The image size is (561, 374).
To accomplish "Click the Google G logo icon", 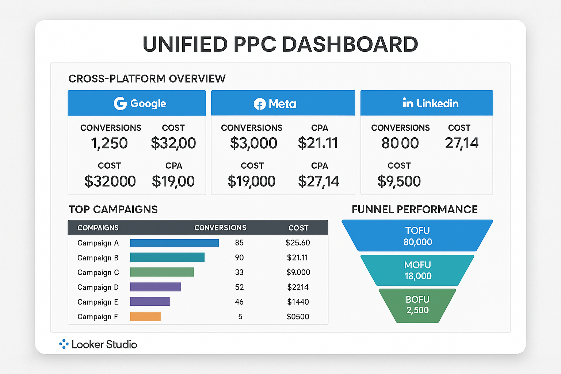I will [120, 103].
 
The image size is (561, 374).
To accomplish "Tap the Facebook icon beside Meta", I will [260, 104].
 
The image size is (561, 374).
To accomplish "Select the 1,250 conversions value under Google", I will [109, 143].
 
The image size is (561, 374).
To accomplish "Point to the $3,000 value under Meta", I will [253, 143].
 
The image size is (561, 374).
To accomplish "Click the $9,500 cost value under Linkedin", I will [399, 181].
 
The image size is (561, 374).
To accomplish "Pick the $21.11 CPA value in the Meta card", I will [318, 143].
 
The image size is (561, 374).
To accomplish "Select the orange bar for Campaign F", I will [145, 316].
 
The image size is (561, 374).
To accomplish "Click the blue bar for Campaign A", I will [174, 243].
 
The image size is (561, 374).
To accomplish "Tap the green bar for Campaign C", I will [162, 272].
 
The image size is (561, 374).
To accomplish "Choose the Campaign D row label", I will [98, 287].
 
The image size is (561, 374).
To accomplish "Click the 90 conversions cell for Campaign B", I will [239, 257].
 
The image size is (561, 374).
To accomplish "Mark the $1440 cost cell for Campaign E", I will [298, 302].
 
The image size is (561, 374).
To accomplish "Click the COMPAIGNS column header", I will [98, 228].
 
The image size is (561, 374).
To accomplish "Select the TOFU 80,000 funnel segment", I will [417, 236].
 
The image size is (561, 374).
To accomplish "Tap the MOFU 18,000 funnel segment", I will [417, 270].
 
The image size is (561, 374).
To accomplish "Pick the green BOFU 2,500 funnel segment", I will [417, 305].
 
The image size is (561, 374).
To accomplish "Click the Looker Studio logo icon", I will [64, 344].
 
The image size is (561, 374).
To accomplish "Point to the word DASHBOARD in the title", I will [350, 45].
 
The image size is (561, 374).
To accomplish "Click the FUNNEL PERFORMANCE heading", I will [415, 209].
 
